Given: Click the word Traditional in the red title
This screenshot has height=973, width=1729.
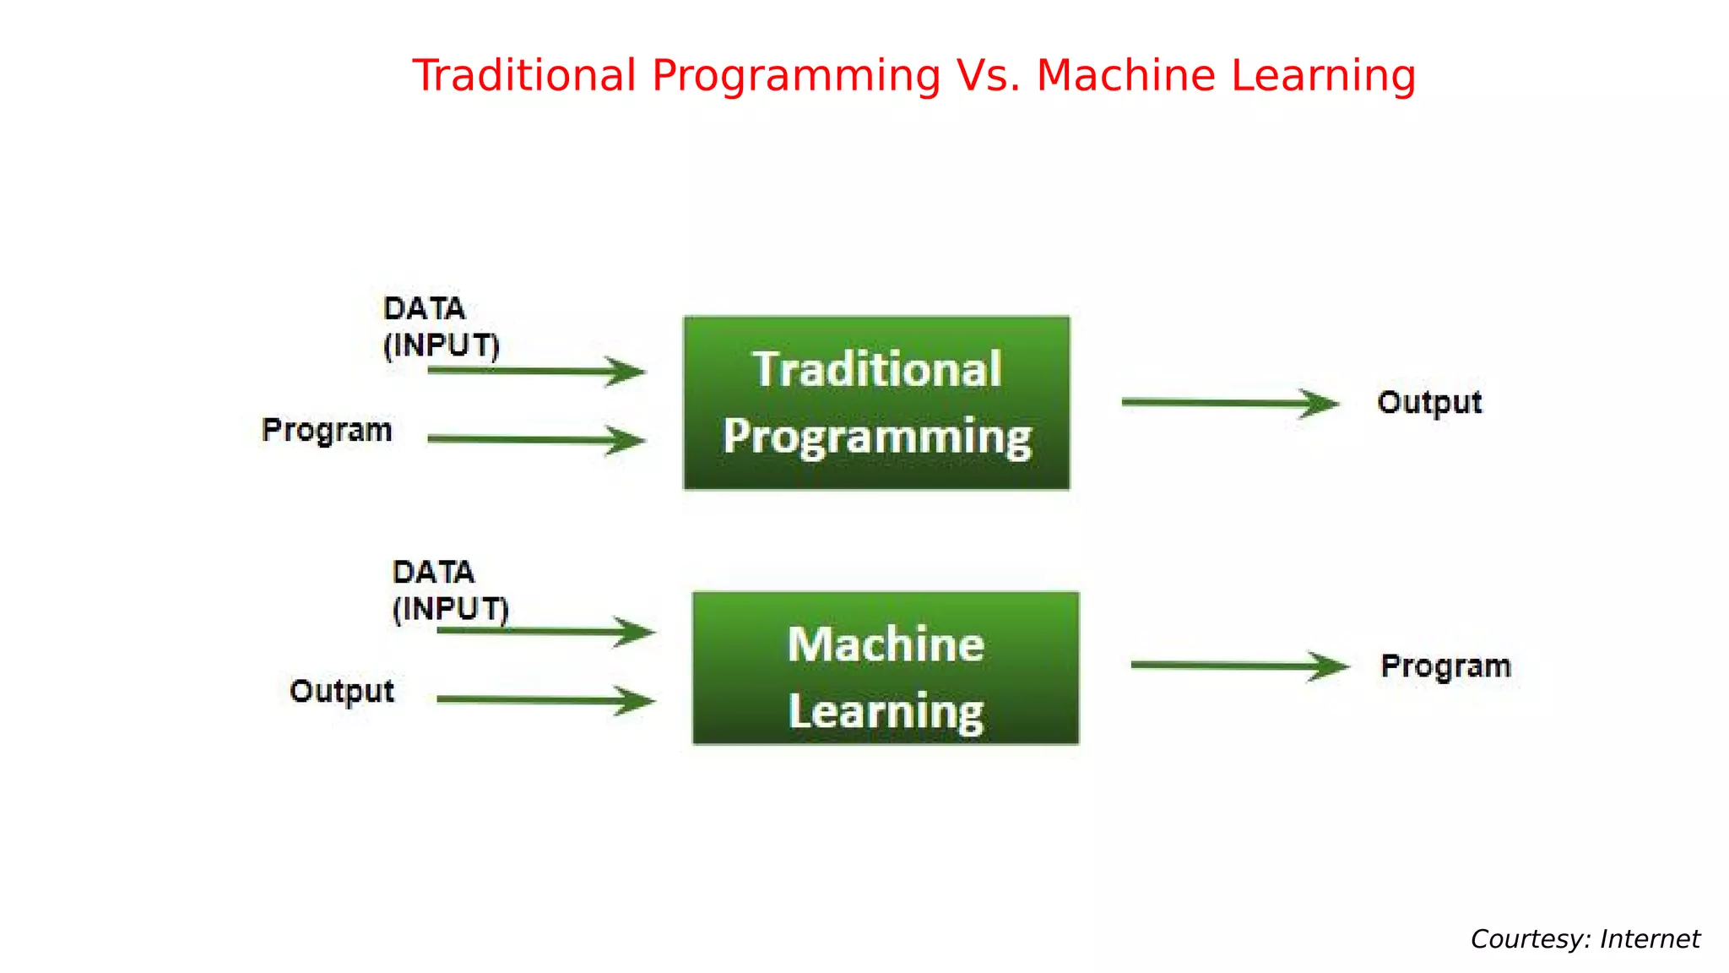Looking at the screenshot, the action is pos(523,76).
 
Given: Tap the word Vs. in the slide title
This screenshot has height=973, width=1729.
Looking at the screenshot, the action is pos(988,76).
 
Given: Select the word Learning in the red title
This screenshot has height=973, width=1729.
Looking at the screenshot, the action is pos(1323,76).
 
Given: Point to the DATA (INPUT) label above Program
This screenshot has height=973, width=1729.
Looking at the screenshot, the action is pos(441,327).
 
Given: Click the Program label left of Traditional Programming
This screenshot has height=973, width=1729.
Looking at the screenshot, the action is pos(327,431).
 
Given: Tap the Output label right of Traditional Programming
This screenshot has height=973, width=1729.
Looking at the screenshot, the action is pos(1429,403).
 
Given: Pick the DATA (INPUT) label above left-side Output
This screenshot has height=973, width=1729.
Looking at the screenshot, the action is pos(450,590).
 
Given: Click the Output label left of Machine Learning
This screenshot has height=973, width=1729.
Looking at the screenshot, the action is pos(341,692).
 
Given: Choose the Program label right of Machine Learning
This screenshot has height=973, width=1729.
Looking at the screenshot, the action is pos(1445,666).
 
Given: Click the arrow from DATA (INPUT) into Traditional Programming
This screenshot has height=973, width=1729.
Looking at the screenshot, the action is pos(536,371).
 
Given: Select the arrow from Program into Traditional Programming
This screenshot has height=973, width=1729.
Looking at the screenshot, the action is pos(536,439).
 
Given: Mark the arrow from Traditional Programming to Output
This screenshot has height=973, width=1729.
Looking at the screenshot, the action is pos(1229,403).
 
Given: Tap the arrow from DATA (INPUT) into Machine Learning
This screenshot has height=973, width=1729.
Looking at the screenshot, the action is pos(545,631).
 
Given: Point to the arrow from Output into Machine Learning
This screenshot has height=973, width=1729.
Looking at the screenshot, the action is pos(545,699).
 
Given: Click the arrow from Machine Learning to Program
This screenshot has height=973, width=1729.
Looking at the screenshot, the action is pos(1239,666).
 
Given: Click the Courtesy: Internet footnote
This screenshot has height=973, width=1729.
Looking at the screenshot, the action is pos(1585,939).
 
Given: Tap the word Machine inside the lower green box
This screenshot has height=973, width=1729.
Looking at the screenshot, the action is pos(886,645).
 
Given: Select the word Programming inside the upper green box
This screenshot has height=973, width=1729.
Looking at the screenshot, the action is pos(876,437).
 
